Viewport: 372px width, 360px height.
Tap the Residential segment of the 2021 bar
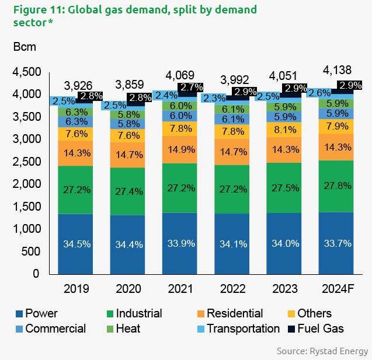(x=180, y=150)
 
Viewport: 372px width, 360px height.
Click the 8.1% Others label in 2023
(x=284, y=130)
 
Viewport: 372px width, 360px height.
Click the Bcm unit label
(x=26, y=46)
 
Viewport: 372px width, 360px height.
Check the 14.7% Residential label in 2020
(x=128, y=155)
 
